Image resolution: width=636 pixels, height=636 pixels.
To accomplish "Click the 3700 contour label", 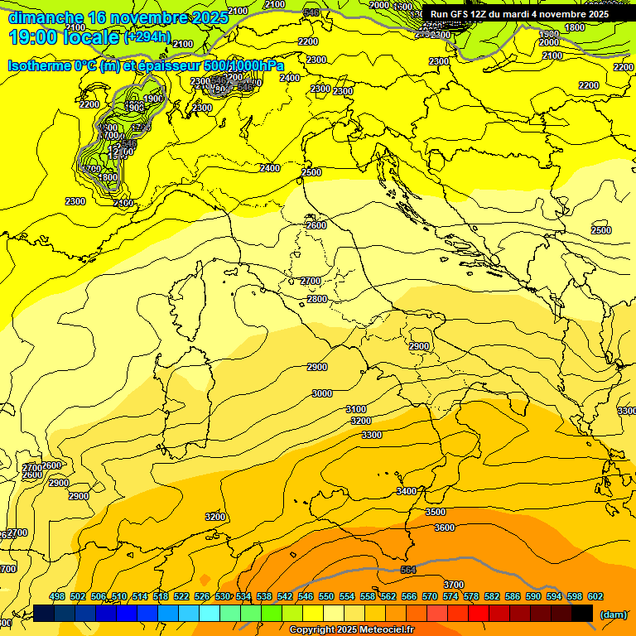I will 453,585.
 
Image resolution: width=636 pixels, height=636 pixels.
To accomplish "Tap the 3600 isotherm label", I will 445,528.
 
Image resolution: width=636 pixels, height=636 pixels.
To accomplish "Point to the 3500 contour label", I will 436,512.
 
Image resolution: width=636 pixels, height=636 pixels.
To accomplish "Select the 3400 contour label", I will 407,491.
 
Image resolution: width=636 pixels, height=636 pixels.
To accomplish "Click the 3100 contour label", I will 356,409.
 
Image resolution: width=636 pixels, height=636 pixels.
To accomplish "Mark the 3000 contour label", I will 322,393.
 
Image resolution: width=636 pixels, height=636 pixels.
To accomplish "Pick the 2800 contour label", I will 316,299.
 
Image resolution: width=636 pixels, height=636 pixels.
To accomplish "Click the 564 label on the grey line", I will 407,571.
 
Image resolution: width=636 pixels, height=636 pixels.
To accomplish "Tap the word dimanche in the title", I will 46,17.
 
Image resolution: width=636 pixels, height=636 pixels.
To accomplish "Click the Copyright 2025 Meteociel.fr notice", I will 351,630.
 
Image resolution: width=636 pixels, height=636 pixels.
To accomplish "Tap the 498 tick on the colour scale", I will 57,596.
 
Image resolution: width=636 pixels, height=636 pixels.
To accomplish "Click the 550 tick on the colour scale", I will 326,596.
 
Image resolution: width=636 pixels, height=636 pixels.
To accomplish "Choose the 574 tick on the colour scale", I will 450,596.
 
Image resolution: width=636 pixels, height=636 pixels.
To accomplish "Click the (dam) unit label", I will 614,614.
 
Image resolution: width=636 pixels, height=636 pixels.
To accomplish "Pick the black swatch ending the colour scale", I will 583,613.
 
